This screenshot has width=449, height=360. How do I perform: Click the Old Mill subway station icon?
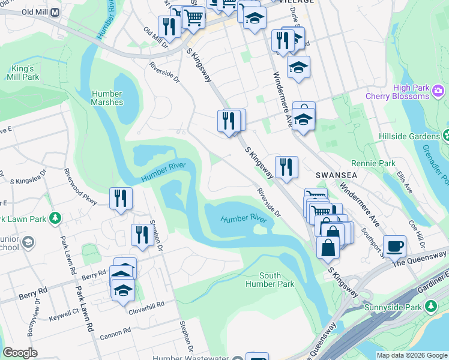point(55,12)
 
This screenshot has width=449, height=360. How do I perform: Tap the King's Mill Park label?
point(23,73)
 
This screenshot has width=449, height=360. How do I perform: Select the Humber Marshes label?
point(107,98)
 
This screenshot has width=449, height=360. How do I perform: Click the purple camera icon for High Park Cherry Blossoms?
point(439,91)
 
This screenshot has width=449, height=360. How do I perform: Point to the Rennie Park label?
point(381,163)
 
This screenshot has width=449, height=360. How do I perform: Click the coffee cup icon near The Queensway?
point(394,245)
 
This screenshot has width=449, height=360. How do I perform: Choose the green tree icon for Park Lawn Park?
point(55,217)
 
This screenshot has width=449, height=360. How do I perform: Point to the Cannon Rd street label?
point(115,331)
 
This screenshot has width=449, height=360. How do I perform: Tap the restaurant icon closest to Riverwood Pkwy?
point(121,198)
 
